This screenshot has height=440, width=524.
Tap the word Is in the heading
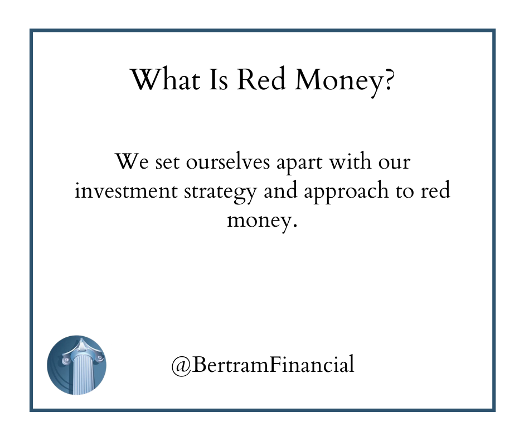click(218, 79)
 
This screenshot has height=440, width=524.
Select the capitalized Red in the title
click(261, 79)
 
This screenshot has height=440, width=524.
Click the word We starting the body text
click(132, 161)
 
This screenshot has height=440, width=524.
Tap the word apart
click(299, 164)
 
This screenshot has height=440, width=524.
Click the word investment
click(125, 190)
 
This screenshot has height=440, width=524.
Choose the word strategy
click(220, 193)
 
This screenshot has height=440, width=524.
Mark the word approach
click(346, 192)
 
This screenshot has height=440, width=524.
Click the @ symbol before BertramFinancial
click(181, 365)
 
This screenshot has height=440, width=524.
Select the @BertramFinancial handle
click(263, 364)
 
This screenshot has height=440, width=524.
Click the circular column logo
click(76, 365)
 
